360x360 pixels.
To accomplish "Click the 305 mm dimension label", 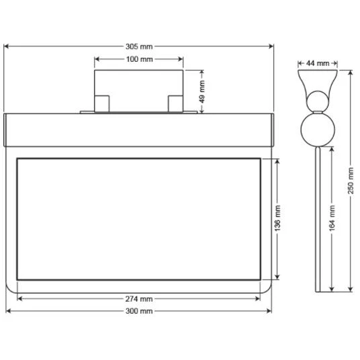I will click(x=139, y=46).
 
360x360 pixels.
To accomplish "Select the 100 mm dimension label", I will click(x=139, y=60).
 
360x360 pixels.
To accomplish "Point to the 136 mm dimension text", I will click(x=278, y=219).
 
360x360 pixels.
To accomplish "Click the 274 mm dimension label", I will click(x=139, y=298).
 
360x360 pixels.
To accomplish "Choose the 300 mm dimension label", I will click(x=139, y=311).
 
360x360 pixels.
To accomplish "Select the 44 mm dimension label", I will click(x=317, y=63).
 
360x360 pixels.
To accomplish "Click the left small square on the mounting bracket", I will click(x=101, y=103).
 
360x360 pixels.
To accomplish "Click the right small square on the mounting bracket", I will click(x=175, y=103).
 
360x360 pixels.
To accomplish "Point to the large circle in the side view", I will click(x=315, y=129).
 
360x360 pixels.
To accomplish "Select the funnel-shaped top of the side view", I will click(x=316, y=81).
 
